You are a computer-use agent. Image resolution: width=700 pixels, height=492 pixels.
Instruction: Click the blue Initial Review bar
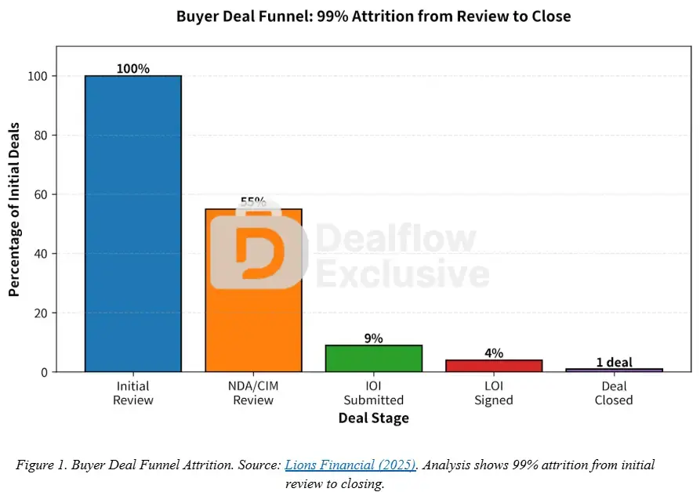tap(133, 223)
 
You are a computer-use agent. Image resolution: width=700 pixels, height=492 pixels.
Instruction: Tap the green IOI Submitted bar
tap(374, 358)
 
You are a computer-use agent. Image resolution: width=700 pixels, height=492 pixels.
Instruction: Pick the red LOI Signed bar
tap(494, 365)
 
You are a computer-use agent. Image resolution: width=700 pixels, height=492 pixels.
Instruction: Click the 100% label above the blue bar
tap(133, 68)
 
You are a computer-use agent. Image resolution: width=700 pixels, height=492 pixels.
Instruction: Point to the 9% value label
tap(374, 338)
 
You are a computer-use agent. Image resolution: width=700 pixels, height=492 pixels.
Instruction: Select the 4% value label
tap(494, 353)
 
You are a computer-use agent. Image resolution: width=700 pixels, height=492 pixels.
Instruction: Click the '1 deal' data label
tap(614, 362)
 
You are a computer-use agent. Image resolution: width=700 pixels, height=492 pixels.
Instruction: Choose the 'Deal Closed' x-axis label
tap(614, 393)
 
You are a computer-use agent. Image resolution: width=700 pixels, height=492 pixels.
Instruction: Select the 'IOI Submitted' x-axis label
tap(374, 393)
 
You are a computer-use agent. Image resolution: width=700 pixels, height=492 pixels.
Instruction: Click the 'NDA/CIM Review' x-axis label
tap(253, 393)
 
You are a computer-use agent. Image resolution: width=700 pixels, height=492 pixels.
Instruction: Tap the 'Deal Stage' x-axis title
tap(373, 418)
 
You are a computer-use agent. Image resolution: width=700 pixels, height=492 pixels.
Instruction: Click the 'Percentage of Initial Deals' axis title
tap(14, 223)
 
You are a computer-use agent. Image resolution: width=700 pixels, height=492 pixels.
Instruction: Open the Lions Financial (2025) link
tap(350, 465)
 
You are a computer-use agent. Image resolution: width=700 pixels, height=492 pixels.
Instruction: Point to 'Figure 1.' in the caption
tap(41, 465)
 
